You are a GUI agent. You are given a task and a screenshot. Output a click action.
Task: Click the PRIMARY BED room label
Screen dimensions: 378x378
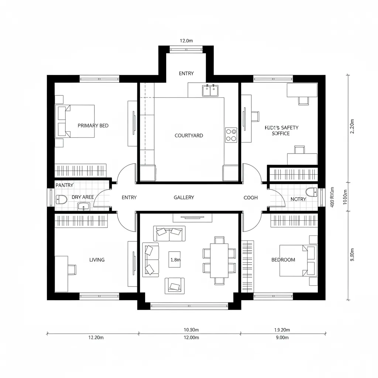click(93, 126)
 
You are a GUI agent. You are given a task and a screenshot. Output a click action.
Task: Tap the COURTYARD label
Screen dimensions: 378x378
click(189, 135)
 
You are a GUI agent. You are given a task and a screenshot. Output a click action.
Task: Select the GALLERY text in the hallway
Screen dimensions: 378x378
click(184, 197)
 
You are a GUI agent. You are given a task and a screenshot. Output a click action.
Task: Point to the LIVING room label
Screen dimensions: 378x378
click(97, 260)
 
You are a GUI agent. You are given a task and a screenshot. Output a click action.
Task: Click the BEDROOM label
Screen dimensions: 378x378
click(283, 260)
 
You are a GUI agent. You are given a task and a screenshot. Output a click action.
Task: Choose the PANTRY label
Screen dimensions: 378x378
click(64, 185)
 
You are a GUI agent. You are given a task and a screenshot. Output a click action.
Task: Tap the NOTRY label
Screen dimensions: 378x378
click(298, 199)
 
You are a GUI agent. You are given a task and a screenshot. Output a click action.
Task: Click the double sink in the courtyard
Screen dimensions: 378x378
click(210, 90)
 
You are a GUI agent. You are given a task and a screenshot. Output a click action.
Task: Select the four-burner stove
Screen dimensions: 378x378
click(231, 135)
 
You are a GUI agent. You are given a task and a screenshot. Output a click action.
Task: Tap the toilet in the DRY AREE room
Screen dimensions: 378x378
click(61, 200)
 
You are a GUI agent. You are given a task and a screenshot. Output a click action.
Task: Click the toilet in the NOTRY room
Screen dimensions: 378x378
click(312, 192)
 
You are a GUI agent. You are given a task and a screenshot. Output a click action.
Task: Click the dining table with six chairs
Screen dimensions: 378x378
click(219, 260)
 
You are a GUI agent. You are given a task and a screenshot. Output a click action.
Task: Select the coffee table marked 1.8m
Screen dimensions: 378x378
click(175, 260)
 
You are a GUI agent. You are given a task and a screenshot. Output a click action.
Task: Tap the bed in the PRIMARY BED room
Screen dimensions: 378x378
click(76, 121)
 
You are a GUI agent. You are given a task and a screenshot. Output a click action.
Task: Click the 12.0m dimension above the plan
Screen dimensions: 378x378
click(186, 41)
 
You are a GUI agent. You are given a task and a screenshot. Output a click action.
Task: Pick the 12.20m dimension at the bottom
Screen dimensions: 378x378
click(96, 338)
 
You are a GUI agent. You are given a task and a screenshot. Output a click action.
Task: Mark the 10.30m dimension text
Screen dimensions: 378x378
click(191, 330)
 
